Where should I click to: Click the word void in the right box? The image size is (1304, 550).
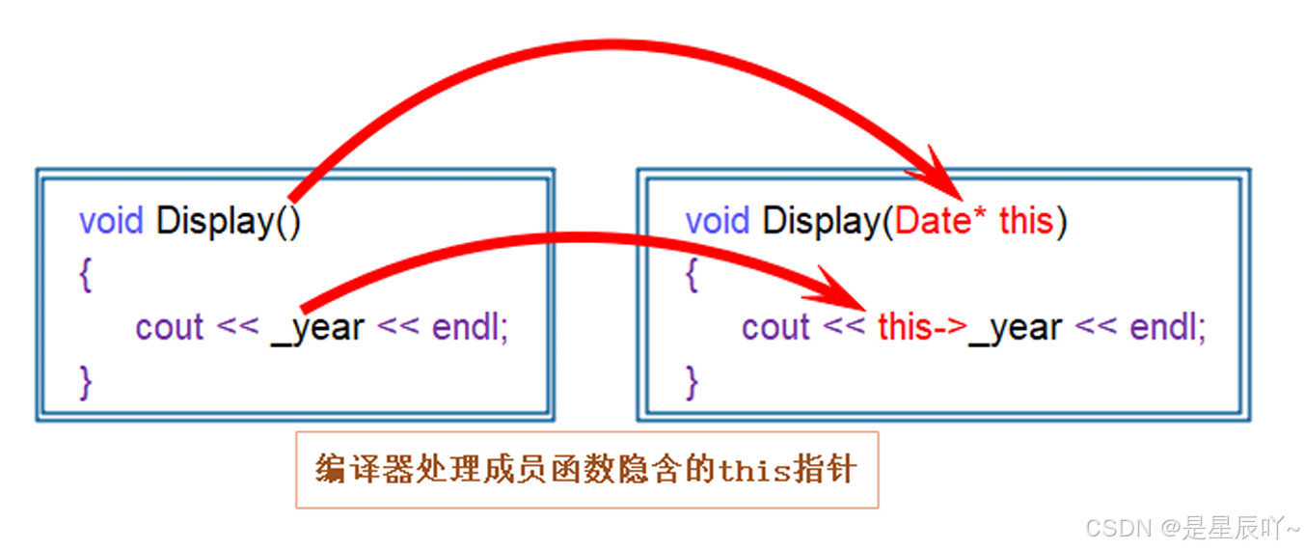719,222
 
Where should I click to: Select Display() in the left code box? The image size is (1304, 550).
229,222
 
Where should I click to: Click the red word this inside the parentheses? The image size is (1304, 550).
1025,222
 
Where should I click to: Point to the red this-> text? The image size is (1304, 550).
921,328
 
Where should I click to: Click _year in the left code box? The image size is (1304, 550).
317,328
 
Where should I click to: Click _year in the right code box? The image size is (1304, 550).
1016,328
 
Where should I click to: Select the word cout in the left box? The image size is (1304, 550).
170,328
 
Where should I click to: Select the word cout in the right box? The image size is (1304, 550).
775,328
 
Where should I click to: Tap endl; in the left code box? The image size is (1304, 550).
470,328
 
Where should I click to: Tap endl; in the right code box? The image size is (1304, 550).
1167,328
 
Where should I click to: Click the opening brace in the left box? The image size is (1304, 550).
85,276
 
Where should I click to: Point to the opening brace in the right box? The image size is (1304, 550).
691,276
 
